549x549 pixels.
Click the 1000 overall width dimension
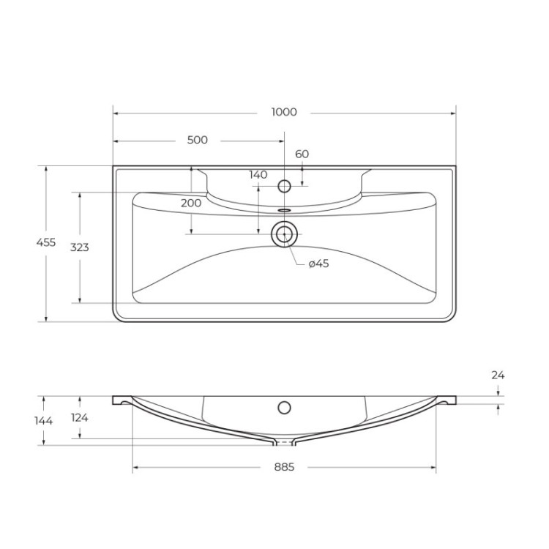coord(284,112)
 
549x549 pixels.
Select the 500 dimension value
coord(197,140)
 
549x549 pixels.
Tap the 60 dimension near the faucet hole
coord(302,154)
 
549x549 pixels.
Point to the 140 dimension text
coord(258,174)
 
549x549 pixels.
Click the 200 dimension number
coord(190,203)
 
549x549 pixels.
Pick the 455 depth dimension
coord(46,243)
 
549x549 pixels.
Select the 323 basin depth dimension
coord(79,247)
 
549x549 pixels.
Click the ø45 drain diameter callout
coord(318,264)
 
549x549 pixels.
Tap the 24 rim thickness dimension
coord(498,375)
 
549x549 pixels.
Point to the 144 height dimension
coord(44,420)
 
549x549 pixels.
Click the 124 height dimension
coord(79,417)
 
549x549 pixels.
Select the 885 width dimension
coord(284,467)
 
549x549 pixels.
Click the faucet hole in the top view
coord(285,186)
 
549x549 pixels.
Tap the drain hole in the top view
coord(284,234)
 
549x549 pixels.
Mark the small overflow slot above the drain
coord(284,209)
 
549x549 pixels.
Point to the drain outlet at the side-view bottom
coord(284,442)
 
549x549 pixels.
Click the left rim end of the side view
coord(118,400)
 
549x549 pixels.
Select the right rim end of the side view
coord(449,400)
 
